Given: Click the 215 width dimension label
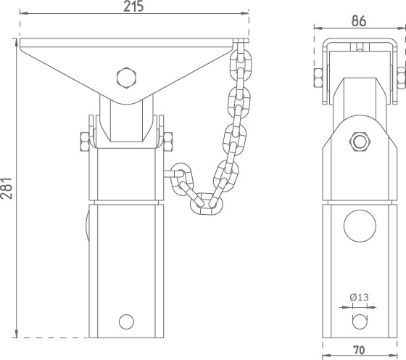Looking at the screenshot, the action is tap(133, 7).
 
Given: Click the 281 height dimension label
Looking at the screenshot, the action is tap(7, 189).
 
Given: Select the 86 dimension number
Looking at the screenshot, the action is tap(359, 21).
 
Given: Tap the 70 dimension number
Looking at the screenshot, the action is tap(359, 350).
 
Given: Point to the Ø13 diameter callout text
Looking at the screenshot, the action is tap(359, 297).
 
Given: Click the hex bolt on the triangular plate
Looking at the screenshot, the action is tap(126, 78).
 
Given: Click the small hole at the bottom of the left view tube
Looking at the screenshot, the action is tap(126, 322).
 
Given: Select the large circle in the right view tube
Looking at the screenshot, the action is tap(360, 226).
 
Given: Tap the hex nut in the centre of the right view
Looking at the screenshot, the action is tap(360, 142).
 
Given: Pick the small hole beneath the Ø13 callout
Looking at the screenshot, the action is tap(360, 322).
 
